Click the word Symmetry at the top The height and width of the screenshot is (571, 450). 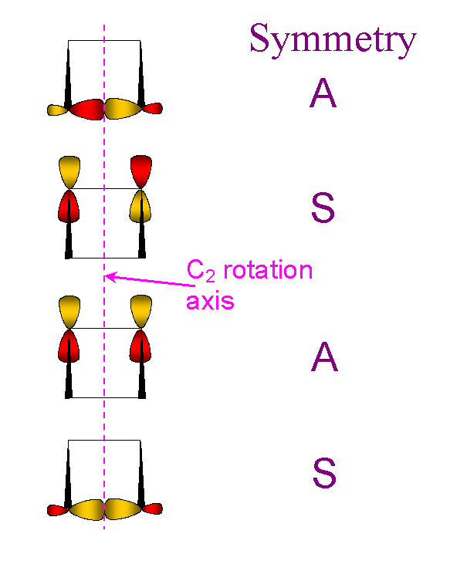click(333, 39)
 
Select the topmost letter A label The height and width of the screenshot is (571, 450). click(323, 93)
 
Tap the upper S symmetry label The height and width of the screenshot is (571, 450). click(323, 208)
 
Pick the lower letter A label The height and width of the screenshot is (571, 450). click(324, 356)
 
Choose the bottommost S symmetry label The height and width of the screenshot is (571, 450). click(324, 473)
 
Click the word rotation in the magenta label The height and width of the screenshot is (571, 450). click(268, 271)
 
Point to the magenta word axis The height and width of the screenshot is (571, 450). click(210, 302)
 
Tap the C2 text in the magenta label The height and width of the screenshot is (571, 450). click(201, 272)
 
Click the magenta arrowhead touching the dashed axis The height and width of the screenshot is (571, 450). click(110, 277)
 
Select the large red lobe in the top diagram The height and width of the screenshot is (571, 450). click(86, 110)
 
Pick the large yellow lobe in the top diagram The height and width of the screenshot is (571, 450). click(123, 109)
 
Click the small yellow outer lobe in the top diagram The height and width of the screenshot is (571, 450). click(58, 110)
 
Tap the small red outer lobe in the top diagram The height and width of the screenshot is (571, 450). click(152, 108)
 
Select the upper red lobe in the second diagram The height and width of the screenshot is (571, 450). click(141, 171)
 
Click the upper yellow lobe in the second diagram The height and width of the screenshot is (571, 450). click(69, 172)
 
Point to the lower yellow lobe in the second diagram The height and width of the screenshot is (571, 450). click(140, 206)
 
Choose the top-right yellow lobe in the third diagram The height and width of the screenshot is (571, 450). click(141, 312)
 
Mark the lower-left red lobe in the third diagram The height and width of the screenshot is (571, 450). click(69, 346)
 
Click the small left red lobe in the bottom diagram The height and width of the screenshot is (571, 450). click(58, 510)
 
